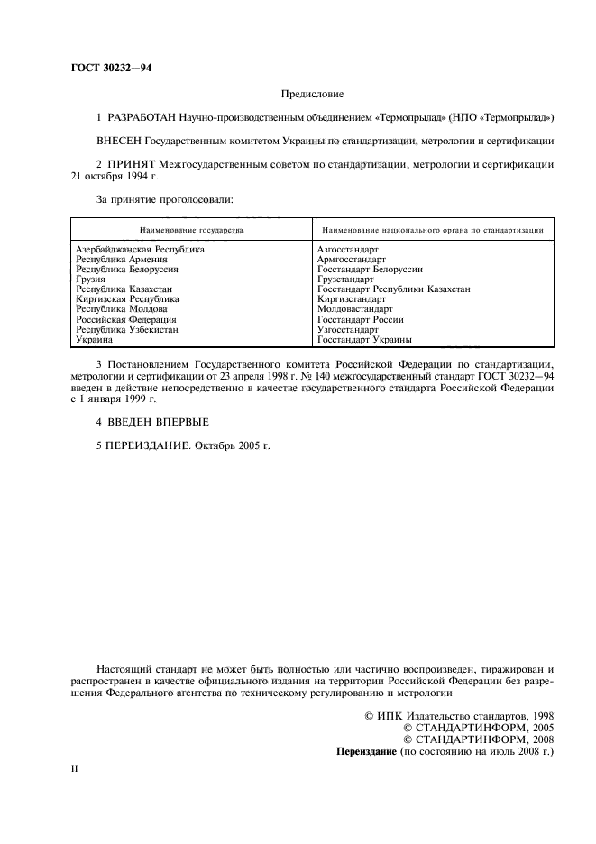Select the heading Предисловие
click(x=313, y=93)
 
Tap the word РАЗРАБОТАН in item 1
click(x=142, y=118)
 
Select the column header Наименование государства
click(x=190, y=231)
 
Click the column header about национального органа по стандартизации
click(x=432, y=231)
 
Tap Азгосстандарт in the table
click(x=348, y=249)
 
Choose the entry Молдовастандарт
click(x=355, y=308)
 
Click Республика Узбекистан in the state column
click(x=126, y=329)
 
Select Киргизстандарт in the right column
click(x=352, y=298)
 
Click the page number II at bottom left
click(x=76, y=767)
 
